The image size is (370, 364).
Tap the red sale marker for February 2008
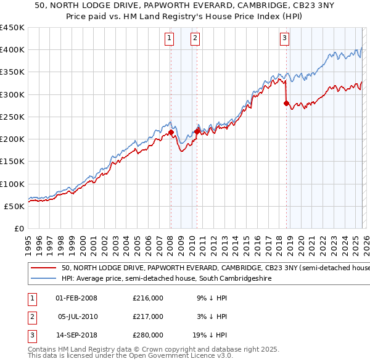(x=171, y=132)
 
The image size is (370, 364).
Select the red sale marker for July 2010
(x=197, y=131)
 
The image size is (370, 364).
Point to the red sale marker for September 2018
(x=286, y=104)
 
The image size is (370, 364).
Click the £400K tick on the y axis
(x=12, y=50)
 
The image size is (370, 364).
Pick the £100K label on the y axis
(x=12, y=184)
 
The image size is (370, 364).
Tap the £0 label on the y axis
(x=19, y=228)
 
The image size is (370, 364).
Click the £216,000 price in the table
(x=148, y=298)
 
